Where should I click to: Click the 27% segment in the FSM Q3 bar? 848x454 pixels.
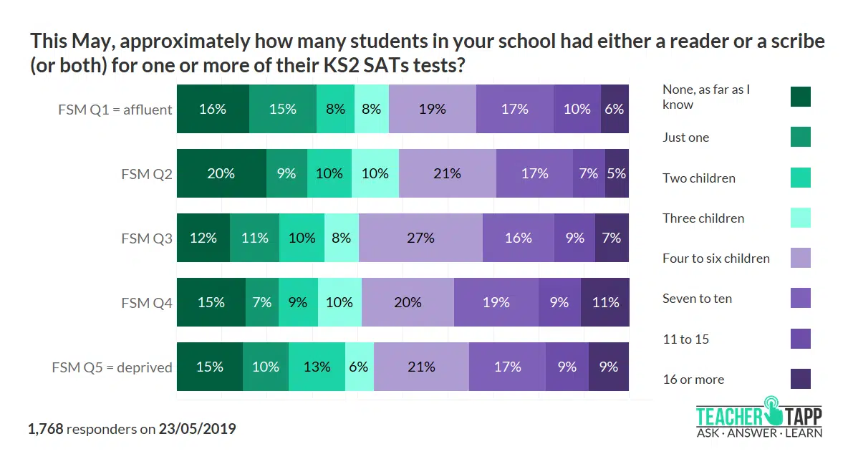click(x=420, y=238)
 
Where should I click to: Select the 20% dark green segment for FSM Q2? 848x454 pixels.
click(x=221, y=173)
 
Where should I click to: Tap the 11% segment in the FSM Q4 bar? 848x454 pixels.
click(x=605, y=302)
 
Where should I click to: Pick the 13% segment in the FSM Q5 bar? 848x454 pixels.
click(x=317, y=367)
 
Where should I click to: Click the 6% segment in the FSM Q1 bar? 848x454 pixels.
click(x=615, y=109)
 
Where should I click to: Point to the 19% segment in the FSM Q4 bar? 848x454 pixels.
click(x=496, y=302)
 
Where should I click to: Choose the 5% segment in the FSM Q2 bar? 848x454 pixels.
click(x=617, y=173)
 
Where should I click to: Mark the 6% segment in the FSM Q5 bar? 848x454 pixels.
click(x=359, y=367)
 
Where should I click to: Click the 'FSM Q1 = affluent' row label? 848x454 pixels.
click(x=115, y=110)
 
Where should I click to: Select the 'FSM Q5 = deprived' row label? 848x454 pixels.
click(x=112, y=367)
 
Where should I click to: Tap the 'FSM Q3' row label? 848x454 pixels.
click(x=147, y=238)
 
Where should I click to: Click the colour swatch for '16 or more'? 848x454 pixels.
click(x=800, y=379)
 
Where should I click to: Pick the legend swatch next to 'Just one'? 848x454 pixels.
click(x=800, y=137)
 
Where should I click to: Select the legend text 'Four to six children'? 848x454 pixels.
click(x=715, y=259)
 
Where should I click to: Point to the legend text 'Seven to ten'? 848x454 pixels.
click(x=697, y=299)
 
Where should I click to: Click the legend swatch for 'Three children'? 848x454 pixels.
click(x=800, y=218)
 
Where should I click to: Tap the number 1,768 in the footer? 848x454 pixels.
click(x=46, y=430)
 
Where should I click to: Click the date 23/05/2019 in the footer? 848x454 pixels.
click(x=197, y=430)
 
